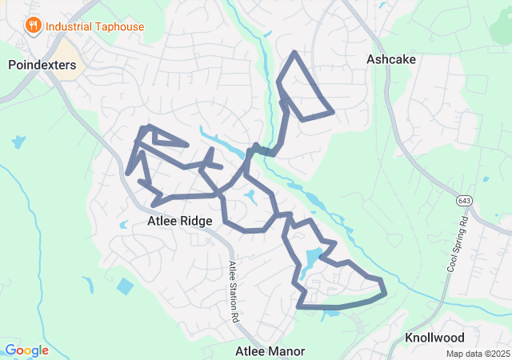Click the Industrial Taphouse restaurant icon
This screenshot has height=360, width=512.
coord(33,26)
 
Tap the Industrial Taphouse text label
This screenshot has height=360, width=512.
coord(95,26)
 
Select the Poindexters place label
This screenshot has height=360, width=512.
coord(42,65)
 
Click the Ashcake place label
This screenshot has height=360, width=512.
coord(390,59)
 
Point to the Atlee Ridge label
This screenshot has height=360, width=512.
coord(180,221)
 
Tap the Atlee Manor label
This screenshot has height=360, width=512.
coord(270,351)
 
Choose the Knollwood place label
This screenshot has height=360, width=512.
coord(434,338)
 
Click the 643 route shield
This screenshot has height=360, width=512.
coord(466,198)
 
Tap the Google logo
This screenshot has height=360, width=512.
coord(26,350)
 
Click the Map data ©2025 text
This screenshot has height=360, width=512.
coord(478,354)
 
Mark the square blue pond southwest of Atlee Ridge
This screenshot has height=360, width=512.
coord(125,286)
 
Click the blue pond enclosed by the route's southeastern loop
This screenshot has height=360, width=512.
coord(312,258)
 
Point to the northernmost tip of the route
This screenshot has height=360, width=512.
coord(295,53)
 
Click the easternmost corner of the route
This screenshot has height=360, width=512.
coord(386,292)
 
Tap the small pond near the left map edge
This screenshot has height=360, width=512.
coord(18,142)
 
